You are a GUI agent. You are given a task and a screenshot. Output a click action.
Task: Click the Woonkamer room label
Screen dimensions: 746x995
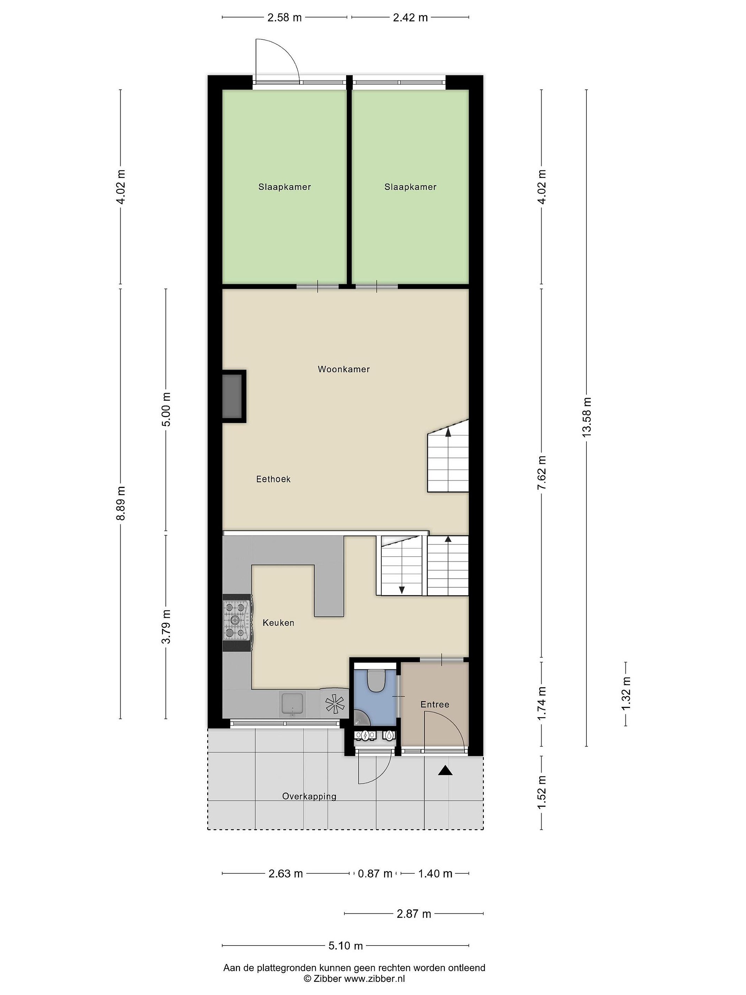click(x=344, y=369)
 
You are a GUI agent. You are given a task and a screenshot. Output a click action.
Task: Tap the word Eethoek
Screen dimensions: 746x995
click(x=274, y=480)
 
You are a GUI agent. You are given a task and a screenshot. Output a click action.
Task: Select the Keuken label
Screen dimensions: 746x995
click(x=278, y=623)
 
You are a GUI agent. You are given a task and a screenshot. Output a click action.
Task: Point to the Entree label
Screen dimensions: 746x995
click(x=435, y=704)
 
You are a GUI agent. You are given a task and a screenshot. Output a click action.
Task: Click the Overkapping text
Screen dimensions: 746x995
click(x=309, y=796)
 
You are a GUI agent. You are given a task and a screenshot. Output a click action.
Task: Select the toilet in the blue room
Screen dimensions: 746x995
click(x=375, y=680)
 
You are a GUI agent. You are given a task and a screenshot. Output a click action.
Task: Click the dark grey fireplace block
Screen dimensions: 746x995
click(x=232, y=396)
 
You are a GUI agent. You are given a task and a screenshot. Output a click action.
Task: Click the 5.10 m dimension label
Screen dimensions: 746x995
click(x=345, y=946)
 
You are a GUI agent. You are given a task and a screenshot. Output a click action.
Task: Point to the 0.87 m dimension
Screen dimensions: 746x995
click(x=375, y=873)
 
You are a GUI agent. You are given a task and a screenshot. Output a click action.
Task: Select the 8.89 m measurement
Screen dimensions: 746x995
click(x=121, y=503)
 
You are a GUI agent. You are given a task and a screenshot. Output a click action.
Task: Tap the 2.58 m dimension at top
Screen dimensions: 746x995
click(x=284, y=18)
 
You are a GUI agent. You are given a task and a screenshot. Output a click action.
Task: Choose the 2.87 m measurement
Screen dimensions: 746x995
click(x=414, y=913)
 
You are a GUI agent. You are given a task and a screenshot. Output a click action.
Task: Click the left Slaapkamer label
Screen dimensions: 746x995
click(x=285, y=187)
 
